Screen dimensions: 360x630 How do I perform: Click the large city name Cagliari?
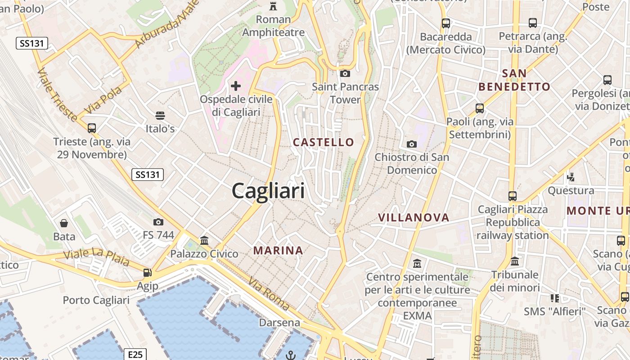point(268,191)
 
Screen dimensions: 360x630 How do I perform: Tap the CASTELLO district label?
point(324,142)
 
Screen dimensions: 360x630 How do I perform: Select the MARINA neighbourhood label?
point(278,250)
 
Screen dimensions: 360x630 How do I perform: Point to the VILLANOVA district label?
point(414,217)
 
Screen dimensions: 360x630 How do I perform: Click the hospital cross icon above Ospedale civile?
point(236,85)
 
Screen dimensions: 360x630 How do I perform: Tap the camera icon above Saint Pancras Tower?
point(345,73)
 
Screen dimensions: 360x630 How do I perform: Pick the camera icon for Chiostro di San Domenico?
point(411,144)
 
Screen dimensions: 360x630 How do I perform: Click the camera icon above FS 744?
point(158,221)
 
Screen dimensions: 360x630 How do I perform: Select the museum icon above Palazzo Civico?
point(204,240)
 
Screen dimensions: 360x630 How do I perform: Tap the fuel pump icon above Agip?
point(147,272)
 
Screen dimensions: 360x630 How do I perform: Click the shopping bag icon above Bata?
point(64,223)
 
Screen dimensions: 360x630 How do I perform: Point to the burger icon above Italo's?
point(160,116)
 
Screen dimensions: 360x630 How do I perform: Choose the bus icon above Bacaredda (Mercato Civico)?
point(446,23)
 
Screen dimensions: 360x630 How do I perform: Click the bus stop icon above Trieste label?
point(92,128)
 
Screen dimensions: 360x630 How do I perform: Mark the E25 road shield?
point(135,355)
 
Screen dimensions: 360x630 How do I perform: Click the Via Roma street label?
point(269,293)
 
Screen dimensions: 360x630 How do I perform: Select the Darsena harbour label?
point(279,323)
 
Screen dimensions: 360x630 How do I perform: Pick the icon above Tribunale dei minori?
point(515,261)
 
